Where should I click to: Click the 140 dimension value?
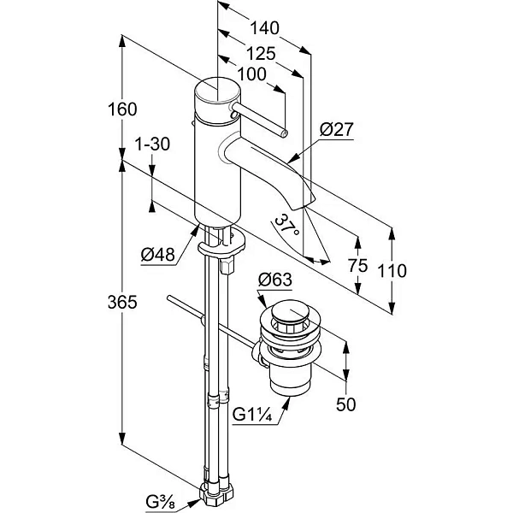(264, 28)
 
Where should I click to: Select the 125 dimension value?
(261, 54)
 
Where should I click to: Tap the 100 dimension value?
(251, 74)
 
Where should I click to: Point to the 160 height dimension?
(122, 109)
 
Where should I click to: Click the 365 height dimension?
(122, 303)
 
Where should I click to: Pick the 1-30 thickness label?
(152, 144)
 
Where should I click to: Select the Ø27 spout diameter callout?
(337, 129)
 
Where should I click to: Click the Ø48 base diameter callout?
(158, 254)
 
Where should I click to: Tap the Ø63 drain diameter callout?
(274, 280)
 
